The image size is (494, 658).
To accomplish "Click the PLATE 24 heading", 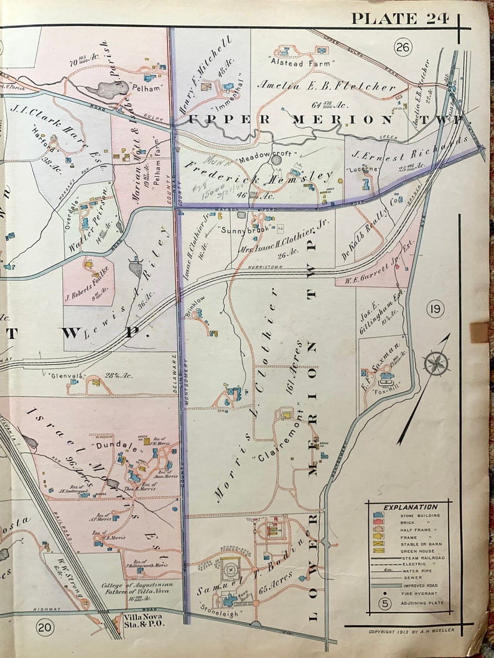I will [400, 18].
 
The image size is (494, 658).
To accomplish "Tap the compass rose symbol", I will [437, 363].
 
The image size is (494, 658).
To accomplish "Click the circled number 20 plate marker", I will [44, 628].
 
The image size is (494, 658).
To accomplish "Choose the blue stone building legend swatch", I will [378, 516].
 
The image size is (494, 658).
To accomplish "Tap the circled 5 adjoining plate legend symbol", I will [386, 603].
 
